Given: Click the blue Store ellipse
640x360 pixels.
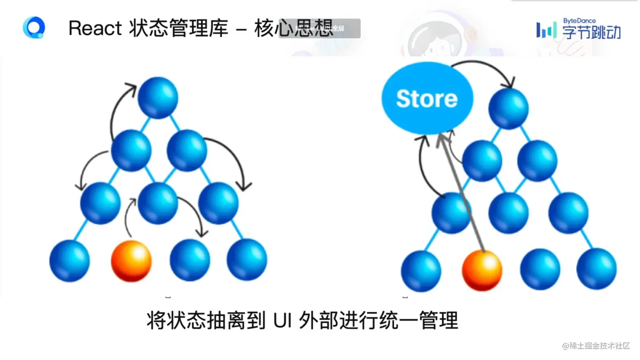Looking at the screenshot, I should coord(427,99).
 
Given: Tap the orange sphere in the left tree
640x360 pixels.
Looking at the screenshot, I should coord(131,261).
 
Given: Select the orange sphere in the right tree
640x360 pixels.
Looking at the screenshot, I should coord(482,270).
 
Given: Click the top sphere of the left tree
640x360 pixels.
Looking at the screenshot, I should coord(158,97).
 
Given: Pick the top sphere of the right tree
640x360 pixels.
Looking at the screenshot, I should coord(508,108).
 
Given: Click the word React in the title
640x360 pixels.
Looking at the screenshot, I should coord(95,29).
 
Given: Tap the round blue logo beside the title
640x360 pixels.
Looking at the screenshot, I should coord(34,28).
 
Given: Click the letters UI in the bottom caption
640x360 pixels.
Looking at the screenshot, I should coord(283,321).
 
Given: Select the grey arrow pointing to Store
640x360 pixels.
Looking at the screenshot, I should coord(461,190).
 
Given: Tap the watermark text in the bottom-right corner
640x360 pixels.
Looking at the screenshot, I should coord(596,346).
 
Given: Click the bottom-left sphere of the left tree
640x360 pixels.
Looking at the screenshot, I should coord(69,261).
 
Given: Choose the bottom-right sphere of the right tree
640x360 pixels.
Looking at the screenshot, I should coord(596,269).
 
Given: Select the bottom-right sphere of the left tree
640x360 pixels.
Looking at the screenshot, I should coord(247,260).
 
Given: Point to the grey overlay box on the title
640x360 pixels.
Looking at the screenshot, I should coord(320,28).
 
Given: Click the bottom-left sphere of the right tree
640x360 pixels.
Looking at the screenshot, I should coord(421,271).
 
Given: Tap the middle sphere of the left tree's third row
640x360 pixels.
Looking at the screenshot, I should coord(158,203).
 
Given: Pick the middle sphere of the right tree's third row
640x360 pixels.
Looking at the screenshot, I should coord(508,213).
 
